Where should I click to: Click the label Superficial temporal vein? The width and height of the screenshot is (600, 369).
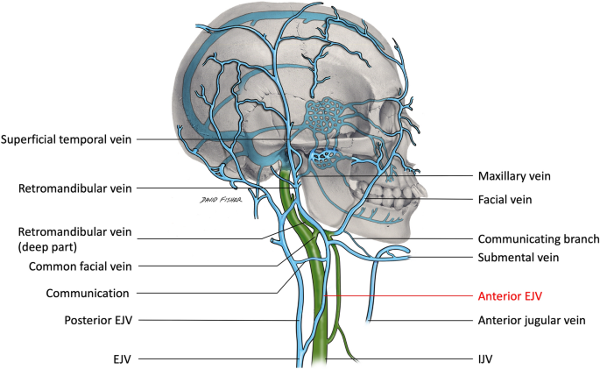point(67,139)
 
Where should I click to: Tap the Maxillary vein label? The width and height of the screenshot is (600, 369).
point(513,175)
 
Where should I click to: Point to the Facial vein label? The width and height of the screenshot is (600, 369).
point(506,199)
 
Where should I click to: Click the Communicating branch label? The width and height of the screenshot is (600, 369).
point(538,238)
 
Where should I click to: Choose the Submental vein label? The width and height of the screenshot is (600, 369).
point(518,258)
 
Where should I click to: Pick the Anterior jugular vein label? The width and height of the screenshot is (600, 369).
point(530,321)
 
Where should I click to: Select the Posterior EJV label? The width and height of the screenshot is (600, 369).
point(96,321)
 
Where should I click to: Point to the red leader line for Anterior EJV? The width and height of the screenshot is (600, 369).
point(403,296)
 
